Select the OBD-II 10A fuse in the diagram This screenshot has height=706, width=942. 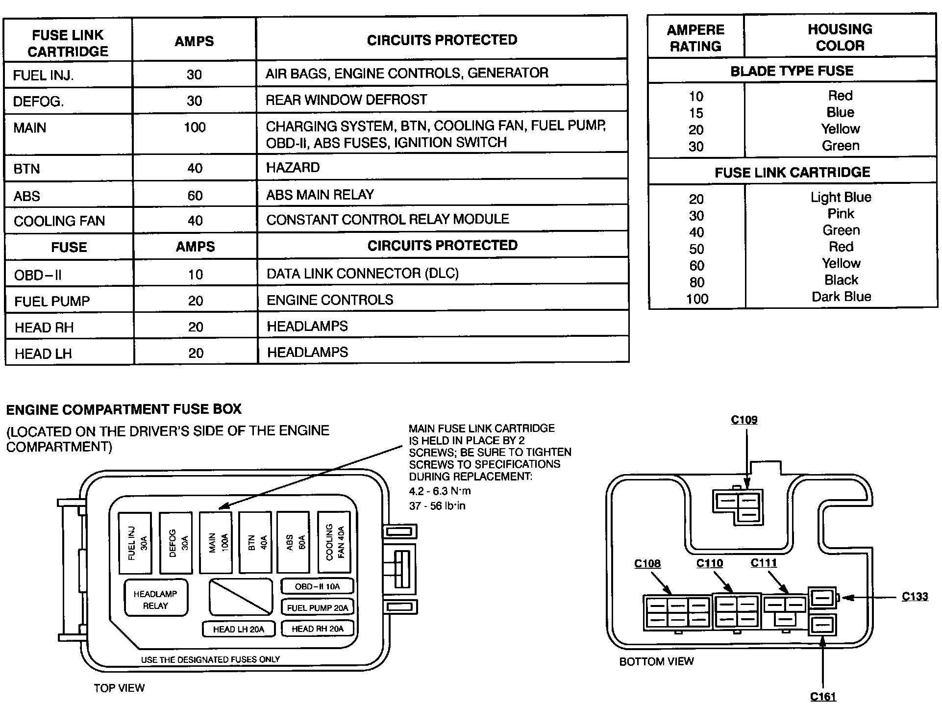(x=317, y=586)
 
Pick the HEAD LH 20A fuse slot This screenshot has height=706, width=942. (x=238, y=629)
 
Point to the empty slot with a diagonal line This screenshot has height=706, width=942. (x=240, y=597)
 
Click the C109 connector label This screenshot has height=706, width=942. (x=744, y=420)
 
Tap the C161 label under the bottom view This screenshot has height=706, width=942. (x=823, y=696)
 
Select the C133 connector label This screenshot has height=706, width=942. (x=915, y=597)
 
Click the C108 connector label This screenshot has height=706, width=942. (x=647, y=564)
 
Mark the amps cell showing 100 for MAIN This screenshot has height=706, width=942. (x=195, y=128)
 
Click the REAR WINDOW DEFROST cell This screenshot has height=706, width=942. (x=346, y=100)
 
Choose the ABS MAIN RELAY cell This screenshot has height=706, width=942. (x=320, y=195)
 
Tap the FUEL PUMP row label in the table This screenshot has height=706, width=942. (x=52, y=301)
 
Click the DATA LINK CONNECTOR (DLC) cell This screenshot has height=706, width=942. (x=363, y=274)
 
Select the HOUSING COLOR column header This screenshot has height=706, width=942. (x=840, y=37)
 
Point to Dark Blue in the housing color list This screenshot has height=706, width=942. (x=842, y=297)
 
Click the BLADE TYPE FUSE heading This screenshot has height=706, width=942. (x=792, y=71)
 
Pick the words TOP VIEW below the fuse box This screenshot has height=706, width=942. (x=119, y=688)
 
